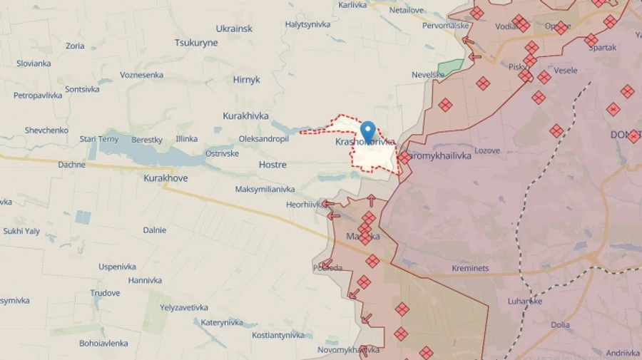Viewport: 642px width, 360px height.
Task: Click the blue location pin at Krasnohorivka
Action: pyautogui.click(x=367, y=131)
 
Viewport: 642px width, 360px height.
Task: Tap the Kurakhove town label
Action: pyautogui.click(x=165, y=178)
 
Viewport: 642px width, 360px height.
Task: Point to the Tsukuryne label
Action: pyautogui.click(x=196, y=43)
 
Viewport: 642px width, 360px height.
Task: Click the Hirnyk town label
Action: pyautogui.click(x=246, y=80)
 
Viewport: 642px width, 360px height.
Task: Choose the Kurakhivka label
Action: pyautogui.click(x=245, y=115)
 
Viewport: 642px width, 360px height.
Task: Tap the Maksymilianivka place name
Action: pyautogui.click(x=265, y=190)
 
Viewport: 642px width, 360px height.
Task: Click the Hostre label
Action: pyautogui.click(x=272, y=165)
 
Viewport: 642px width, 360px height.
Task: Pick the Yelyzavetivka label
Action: pyautogui.click(x=184, y=308)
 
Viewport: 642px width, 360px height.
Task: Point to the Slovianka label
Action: pyautogui.click(x=34, y=63)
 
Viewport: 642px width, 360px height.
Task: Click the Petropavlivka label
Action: pyautogui.click(x=38, y=95)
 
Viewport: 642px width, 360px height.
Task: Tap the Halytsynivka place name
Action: pyautogui.click(x=307, y=24)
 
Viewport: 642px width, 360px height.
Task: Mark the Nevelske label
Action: pyautogui.click(x=428, y=75)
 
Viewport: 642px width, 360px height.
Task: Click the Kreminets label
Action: pyautogui.click(x=470, y=268)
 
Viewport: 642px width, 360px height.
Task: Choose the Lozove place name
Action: pyautogui.click(x=487, y=151)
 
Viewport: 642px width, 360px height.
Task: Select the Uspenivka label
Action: pyautogui.click(x=117, y=267)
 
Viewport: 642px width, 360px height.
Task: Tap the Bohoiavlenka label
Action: pyautogui.click(x=104, y=343)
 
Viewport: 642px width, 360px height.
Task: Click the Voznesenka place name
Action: pyautogui.click(x=141, y=75)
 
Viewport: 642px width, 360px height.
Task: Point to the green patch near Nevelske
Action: pyautogui.click(x=450, y=68)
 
